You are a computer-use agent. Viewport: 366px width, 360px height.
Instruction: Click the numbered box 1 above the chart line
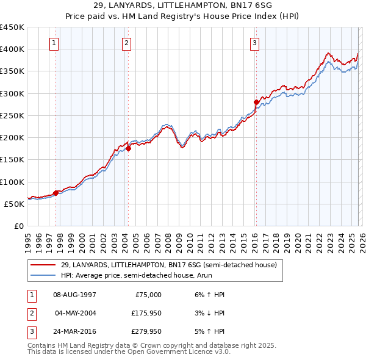click(55, 43)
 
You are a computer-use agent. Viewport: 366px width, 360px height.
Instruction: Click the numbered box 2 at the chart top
click(126, 43)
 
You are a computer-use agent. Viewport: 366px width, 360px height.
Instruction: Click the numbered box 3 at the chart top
click(254, 43)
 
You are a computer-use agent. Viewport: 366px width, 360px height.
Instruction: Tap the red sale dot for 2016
click(256, 103)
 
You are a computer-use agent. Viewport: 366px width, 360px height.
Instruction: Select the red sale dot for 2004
click(129, 148)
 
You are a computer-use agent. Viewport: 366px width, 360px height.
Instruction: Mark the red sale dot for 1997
click(56, 193)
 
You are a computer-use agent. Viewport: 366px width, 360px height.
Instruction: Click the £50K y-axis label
click(15, 204)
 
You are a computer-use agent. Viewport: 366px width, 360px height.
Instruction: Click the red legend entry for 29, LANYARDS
click(168, 265)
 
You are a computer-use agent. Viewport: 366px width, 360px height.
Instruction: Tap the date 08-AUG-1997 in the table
click(74, 295)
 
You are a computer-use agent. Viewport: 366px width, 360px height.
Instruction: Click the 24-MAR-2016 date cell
click(74, 332)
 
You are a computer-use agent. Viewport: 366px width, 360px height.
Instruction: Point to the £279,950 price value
click(146, 332)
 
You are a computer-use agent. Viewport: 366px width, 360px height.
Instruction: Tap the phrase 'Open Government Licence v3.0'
click(177, 353)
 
